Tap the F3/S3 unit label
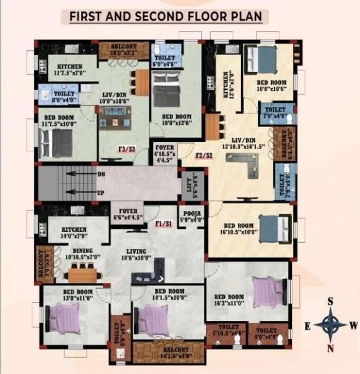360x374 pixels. [127, 150]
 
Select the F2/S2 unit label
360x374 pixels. [204, 155]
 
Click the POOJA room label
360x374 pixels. [191, 216]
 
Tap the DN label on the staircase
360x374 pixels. [101, 175]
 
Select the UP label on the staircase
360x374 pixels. [101, 193]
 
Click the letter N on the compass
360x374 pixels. [331, 347]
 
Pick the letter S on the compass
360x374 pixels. [331, 301]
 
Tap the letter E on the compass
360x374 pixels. [308, 325]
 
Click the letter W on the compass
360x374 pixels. [353, 325]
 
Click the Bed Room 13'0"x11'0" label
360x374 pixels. [77, 295]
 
